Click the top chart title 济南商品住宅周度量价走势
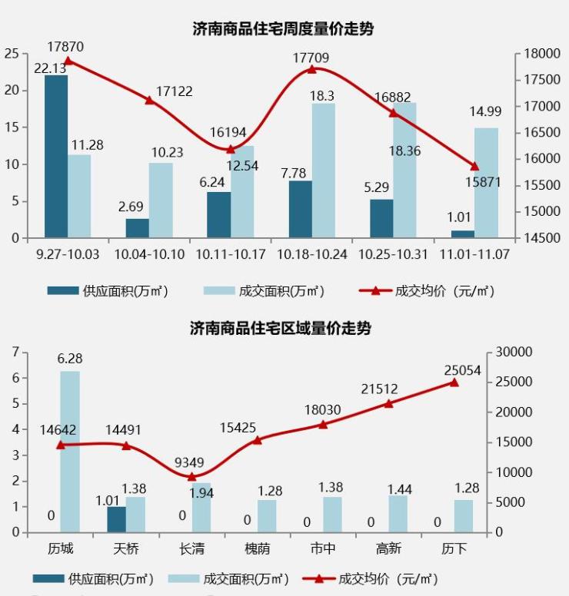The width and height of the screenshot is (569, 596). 283,29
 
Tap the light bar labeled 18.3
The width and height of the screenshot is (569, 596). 323,171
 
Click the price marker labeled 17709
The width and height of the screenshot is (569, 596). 311,69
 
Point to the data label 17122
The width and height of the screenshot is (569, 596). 174,91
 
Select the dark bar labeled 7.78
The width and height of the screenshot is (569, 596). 300,209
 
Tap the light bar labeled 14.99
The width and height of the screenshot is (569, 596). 486,183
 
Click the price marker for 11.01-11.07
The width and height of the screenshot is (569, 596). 474,166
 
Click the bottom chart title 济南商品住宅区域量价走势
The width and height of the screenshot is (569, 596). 281,329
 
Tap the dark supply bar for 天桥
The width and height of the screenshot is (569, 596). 116,519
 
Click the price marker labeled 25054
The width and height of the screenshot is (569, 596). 454,382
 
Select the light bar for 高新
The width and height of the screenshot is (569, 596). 398,514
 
